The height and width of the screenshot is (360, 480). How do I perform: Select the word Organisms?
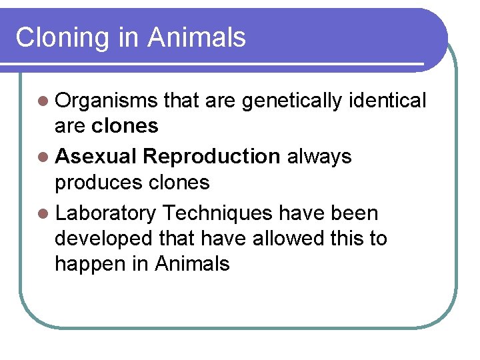pos(107,101)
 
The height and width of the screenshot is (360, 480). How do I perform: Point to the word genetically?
pos(292,101)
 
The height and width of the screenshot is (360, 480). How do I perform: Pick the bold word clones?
pos(125,125)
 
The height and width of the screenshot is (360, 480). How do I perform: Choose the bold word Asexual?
pos(96,156)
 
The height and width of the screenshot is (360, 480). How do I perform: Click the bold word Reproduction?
pos(211,157)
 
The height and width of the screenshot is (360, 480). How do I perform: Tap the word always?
pos(319,157)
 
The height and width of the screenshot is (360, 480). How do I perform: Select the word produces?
pos(96,183)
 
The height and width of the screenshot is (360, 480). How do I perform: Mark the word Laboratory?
pos(106,213)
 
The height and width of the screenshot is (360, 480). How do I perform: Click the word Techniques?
pos(217,213)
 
